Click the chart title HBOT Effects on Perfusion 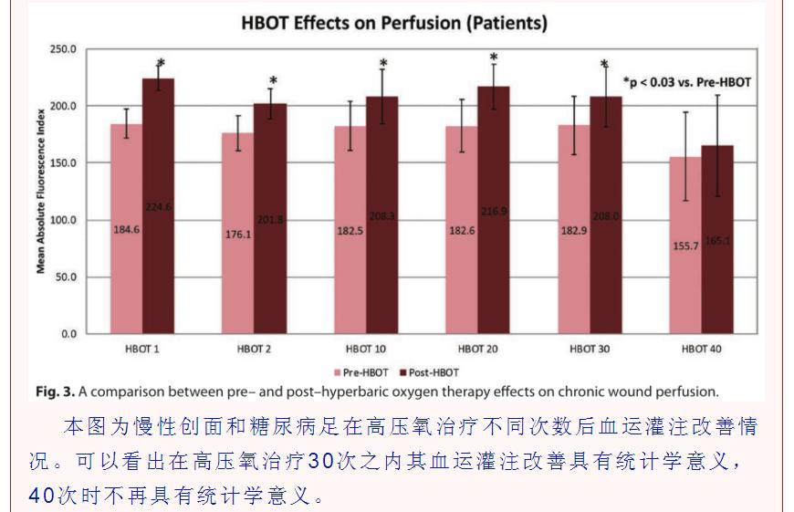(x=394, y=24)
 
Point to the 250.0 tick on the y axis (x=64, y=49)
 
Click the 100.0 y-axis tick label (x=64, y=220)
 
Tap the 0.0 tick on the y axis (x=69, y=334)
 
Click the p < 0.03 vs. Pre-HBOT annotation (x=686, y=82)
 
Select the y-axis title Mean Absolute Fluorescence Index (x=41, y=192)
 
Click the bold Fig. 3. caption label (x=56, y=392)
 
